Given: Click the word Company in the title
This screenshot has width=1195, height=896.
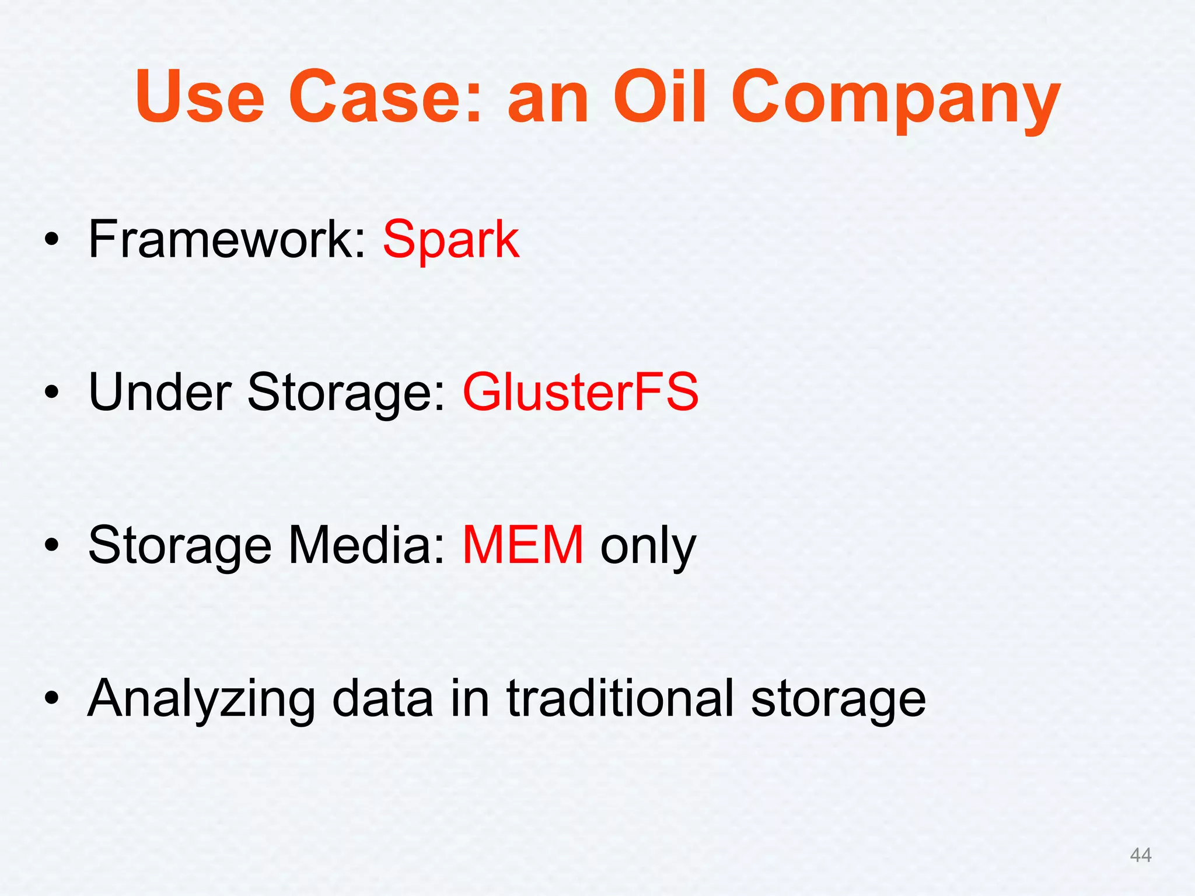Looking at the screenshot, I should pyautogui.click(x=895, y=102).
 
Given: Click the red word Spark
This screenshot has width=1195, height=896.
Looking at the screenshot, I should pyautogui.click(x=450, y=240).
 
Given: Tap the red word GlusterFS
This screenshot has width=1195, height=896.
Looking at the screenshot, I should pyautogui.click(x=581, y=392).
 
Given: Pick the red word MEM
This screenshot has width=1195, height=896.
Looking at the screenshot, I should pyautogui.click(x=523, y=545).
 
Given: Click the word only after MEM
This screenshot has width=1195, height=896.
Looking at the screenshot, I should pyautogui.click(x=648, y=548).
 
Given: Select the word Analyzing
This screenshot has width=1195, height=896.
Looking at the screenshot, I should pyautogui.click(x=201, y=700).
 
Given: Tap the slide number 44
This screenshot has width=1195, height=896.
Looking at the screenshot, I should pyautogui.click(x=1140, y=855).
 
